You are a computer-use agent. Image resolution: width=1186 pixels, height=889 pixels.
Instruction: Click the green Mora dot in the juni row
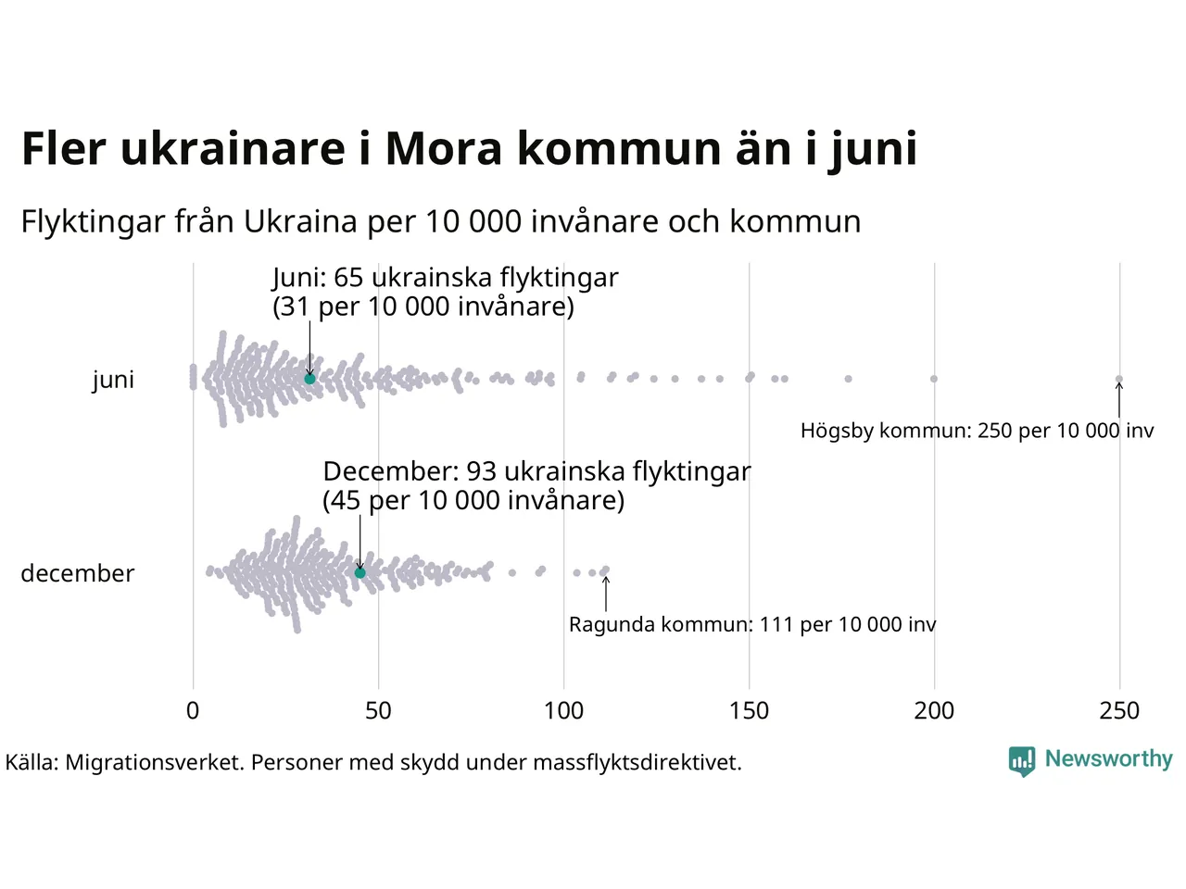309,379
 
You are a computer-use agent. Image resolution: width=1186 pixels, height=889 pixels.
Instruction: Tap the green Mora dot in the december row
360,573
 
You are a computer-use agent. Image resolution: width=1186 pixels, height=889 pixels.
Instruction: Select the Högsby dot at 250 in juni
1119,379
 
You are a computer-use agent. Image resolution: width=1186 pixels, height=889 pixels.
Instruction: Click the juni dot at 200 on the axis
934,379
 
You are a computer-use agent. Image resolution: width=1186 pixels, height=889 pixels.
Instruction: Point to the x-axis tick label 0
193,711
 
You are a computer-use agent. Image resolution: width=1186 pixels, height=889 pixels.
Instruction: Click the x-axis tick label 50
378,711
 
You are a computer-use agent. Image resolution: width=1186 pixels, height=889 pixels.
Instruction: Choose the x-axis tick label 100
563,711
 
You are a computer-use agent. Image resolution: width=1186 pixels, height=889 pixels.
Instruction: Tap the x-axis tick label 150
749,711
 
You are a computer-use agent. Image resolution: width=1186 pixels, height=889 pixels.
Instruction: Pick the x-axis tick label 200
934,711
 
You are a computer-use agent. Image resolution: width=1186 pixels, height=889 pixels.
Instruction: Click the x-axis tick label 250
1119,711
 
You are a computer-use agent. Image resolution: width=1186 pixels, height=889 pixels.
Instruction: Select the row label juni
113,380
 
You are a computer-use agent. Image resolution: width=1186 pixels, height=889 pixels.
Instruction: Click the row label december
78,573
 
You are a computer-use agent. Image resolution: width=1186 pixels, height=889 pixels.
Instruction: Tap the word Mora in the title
444,148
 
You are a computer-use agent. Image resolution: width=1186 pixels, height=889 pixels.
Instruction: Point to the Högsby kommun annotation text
977,431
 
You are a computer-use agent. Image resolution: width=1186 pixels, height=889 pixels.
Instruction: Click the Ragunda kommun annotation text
752,624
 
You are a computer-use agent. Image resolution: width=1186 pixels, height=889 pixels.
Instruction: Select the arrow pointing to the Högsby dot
1119,400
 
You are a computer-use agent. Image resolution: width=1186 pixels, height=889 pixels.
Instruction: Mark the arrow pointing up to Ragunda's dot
606,594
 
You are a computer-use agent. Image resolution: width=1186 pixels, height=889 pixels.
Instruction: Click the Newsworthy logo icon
1021,761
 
